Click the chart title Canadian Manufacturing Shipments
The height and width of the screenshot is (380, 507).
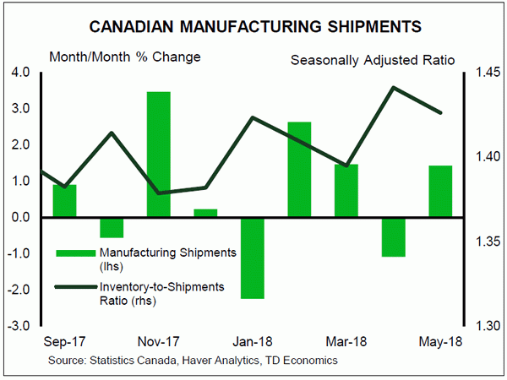tap(253, 23)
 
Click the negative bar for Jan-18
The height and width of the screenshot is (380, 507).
tap(253, 258)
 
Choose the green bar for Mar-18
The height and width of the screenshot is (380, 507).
tap(346, 191)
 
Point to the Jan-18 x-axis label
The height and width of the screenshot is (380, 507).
tap(253, 344)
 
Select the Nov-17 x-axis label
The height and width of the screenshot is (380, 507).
tap(159, 344)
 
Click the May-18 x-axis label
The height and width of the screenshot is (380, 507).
tap(440, 344)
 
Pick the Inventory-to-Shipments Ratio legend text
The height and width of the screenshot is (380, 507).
tap(161, 293)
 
